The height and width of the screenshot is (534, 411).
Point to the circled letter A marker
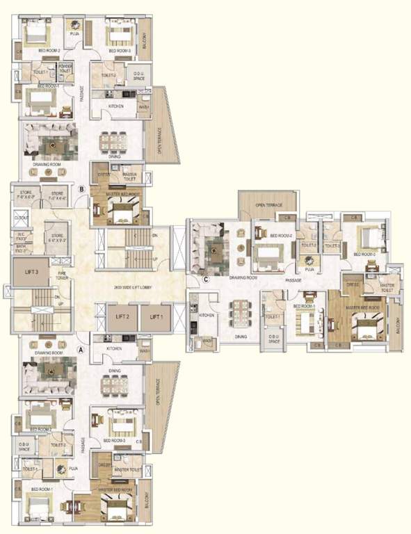pos(81,351)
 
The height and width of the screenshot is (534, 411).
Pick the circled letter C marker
pos(206,280)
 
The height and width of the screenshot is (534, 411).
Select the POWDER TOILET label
pos(65,68)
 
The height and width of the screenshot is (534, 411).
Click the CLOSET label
pos(21,218)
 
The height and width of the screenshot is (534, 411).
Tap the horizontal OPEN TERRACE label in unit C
pos(267,205)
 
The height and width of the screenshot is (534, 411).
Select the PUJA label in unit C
pos(310,268)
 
